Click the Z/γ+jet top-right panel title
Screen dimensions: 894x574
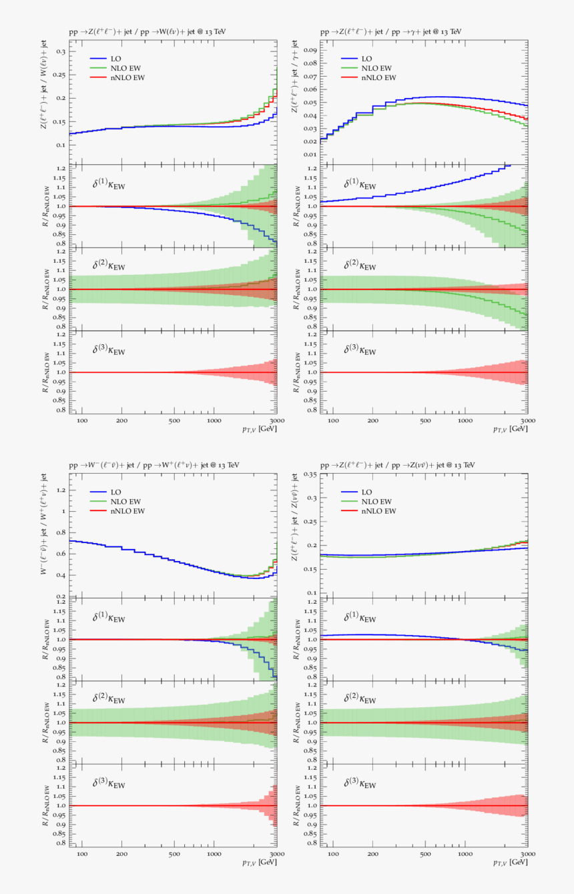[390, 31]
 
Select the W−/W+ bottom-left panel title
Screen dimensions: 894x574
[154, 464]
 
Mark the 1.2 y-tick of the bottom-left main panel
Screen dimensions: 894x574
[61, 490]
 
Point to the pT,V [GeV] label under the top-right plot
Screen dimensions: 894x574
[511, 430]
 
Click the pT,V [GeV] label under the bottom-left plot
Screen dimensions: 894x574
[260, 863]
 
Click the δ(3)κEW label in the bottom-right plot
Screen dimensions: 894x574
[360, 784]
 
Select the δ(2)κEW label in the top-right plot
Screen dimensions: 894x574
[360, 266]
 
